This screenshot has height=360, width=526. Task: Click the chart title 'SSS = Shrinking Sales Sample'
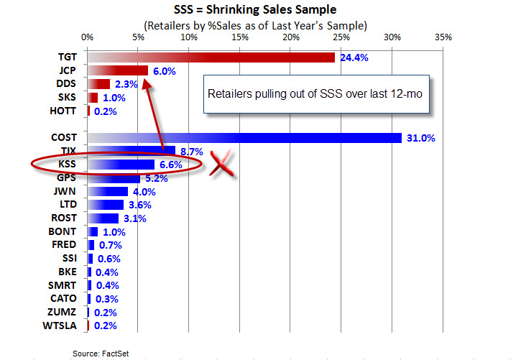[x=255, y=10]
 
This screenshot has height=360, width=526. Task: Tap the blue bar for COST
[x=244, y=138]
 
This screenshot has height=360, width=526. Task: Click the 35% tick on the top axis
[x=443, y=37]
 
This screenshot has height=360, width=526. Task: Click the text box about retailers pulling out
[x=317, y=94]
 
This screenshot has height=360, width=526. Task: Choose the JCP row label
[x=68, y=70]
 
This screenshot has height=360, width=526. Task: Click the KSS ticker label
[x=68, y=165]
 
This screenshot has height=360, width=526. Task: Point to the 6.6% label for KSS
[x=169, y=165]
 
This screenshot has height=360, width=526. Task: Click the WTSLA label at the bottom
[x=63, y=326]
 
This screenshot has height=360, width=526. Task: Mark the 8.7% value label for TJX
[x=190, y=152]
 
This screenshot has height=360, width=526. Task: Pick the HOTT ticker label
[x=65, y=111]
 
